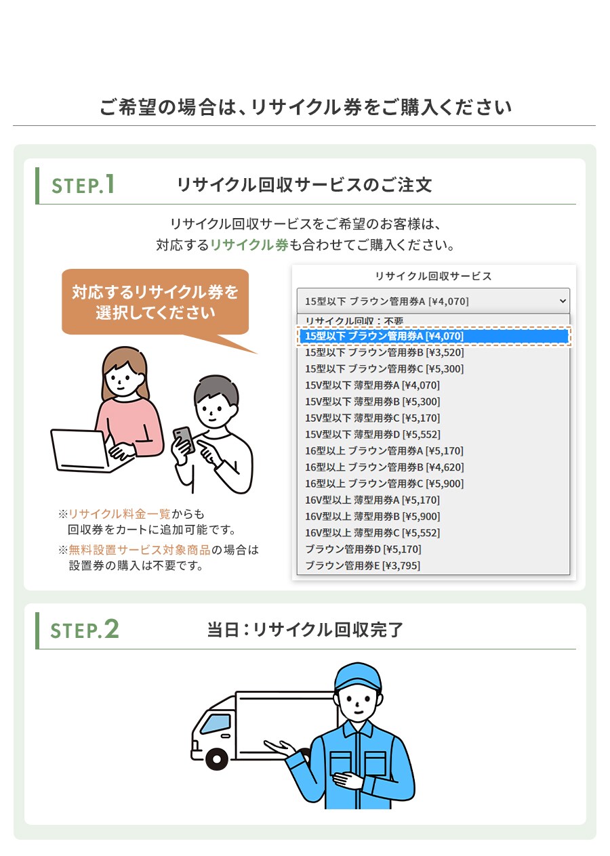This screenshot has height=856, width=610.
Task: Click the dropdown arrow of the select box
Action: pos(563,301)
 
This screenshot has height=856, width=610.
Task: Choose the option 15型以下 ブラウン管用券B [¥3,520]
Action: pos(384,353)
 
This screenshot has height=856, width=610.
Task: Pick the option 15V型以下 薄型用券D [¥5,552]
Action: pos(373,435)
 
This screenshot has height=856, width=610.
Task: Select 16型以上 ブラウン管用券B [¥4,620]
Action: pos(384,468)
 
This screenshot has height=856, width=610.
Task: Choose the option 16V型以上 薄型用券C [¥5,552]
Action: pos(373,534)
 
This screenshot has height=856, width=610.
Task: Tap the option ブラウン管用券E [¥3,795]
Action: pos(363,566)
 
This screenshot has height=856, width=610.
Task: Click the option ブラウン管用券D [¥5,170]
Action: pos(363,550)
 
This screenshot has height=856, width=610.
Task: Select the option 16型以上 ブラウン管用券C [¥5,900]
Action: pos(384,484)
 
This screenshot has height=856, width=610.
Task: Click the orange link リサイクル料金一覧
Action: pos(119,515)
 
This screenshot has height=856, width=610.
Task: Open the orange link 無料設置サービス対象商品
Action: pos(139,551)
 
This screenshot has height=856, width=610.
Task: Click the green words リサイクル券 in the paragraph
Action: pos(249,245)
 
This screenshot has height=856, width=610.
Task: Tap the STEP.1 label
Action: pos(83,185)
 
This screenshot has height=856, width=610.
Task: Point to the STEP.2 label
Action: pos(85,630)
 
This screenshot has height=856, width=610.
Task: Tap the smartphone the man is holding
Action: pos(184,440)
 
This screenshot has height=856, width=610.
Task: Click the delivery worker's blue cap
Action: pos(358,677)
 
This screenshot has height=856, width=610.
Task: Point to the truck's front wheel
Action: pos(216,758)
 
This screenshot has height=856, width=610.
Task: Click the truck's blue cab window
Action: pos(216,724)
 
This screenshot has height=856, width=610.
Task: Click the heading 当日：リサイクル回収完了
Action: pos(305,630)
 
